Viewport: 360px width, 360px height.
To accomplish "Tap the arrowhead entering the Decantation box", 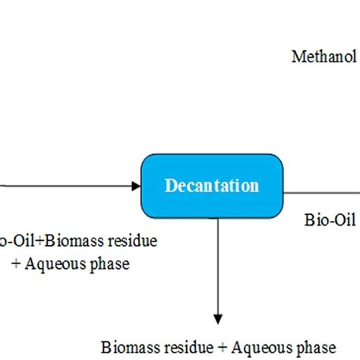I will (136, 185).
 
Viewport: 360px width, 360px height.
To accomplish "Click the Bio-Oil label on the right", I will (331, 221).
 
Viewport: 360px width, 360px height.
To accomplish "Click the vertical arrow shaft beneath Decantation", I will (218, 266).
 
